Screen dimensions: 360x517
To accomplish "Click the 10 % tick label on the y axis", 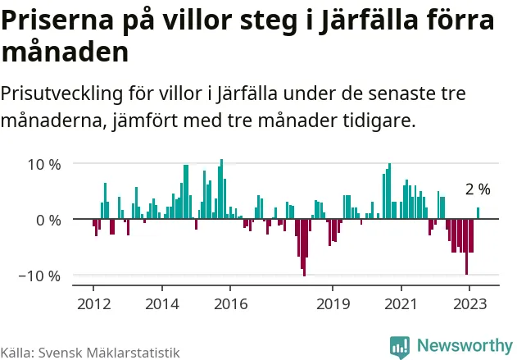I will pos(43,164).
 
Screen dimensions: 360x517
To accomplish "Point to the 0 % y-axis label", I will pos(48,220).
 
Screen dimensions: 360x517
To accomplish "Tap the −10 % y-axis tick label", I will pos(39,276).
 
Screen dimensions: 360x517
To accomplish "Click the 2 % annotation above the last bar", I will pos(478,189).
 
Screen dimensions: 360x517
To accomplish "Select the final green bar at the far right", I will pos(478,213).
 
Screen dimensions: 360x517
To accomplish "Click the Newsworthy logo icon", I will pos(400,346).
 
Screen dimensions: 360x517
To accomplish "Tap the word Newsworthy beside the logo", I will pos(464,346).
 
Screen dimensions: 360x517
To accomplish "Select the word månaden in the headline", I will pos(65,53).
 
